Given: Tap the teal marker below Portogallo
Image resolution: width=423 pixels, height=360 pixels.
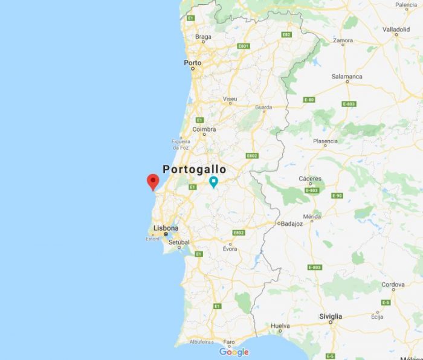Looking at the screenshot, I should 213,182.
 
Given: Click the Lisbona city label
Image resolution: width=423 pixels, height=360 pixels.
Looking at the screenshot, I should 166,228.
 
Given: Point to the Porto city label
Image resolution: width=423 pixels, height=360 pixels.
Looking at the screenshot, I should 193,63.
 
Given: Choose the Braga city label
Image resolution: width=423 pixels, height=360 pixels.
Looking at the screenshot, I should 203,37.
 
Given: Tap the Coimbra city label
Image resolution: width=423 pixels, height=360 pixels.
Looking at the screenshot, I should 204,129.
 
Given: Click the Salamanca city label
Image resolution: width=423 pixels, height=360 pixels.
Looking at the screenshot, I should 347,77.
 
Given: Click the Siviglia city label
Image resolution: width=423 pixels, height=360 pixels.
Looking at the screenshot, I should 331,316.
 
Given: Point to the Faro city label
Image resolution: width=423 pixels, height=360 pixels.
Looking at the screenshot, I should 228,341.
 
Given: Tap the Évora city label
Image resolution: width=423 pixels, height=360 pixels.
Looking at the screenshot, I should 230,249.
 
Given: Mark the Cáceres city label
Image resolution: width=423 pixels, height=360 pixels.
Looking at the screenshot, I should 310,179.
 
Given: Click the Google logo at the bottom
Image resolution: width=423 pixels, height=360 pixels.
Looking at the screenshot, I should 234,352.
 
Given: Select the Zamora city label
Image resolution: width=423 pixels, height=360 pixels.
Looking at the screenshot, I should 343,40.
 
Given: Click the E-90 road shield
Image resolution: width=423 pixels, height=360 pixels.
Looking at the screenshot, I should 337,196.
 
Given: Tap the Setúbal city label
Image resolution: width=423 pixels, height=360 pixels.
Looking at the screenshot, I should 179,242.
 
